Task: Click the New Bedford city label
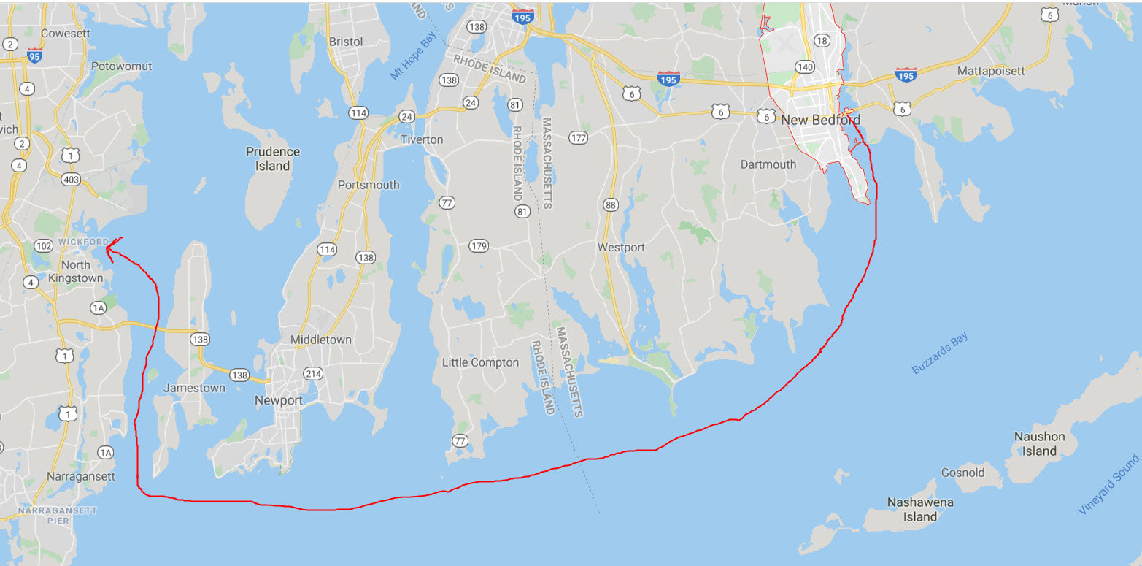pos(820,120)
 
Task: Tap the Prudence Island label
pos(272,158)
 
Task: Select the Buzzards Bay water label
pos(939,353)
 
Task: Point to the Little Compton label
pos(480,362)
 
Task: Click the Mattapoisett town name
pos(991,71)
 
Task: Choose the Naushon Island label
pos(1039,443)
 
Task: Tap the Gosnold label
pos(962,473)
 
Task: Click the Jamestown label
pos(193,388)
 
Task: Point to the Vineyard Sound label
pos(1108,484)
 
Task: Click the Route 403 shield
pos(71,180)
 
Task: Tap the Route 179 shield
pos(479,245)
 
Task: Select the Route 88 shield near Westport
pos(611,205)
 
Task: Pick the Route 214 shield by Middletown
pos(313,373)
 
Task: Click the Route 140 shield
pos(805,66)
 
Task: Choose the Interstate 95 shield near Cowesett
pos(34,56)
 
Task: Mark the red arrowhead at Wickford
pos(108,249)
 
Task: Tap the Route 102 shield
pos(43,245)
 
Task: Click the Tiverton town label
pos(421,139)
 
